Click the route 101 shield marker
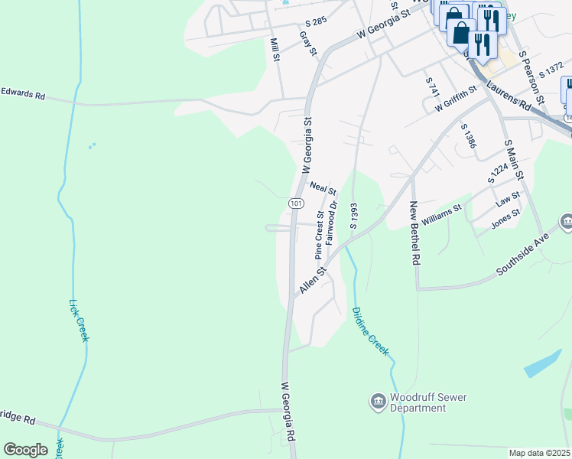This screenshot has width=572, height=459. (x=297, y=203)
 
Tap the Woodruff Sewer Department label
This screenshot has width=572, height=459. (x=428, y=402)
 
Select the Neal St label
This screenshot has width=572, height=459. (x=323, y=187)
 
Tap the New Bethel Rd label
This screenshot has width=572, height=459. (x=415, y=233)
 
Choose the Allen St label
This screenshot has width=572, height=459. (x=314, y=279)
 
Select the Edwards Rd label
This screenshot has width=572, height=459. (x=23, y=95)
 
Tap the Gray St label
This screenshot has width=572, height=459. (x=308, y=43)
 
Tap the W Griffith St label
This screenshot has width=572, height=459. (x=456, y=101)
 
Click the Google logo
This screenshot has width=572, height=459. (x=25, y=450)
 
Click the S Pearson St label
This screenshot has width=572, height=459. (x=531, y=76)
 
